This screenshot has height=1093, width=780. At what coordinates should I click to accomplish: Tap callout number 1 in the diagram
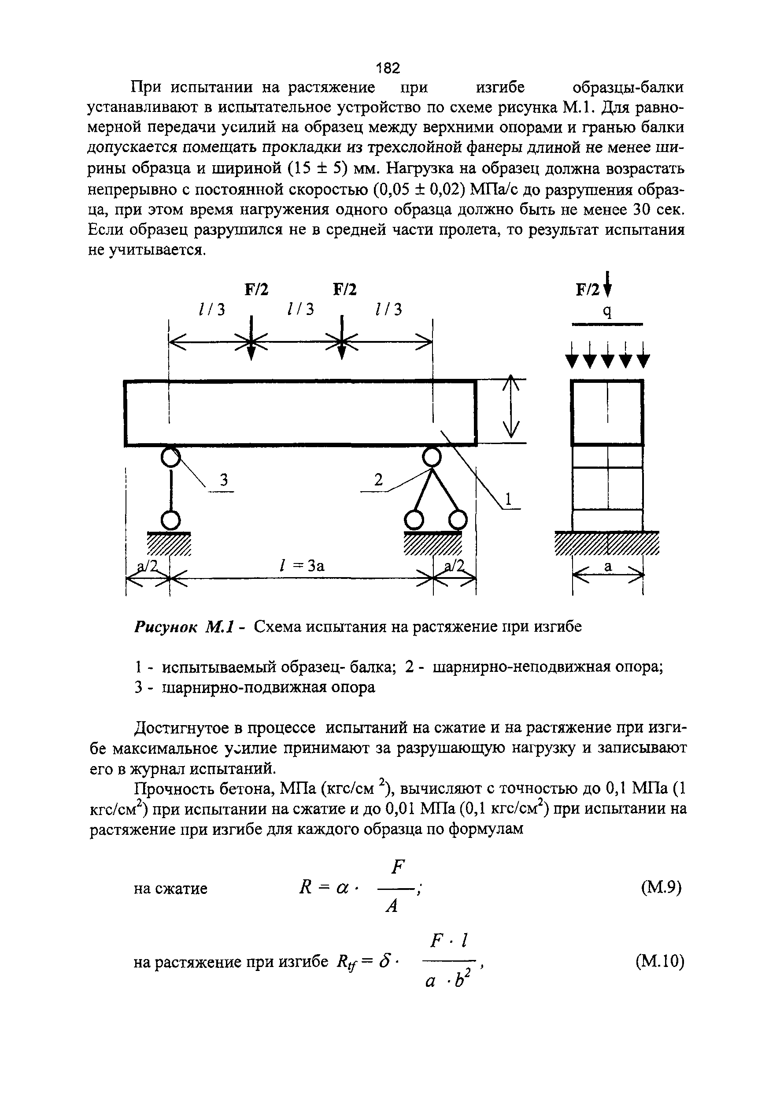click(510, 499)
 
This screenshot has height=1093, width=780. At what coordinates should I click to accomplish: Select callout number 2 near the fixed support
click(378, 480)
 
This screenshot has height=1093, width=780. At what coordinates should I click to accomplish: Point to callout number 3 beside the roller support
click(223, 480)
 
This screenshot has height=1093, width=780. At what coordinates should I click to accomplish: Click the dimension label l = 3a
click(302, 566)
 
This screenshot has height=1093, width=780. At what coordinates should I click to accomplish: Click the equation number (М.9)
click(661, 888)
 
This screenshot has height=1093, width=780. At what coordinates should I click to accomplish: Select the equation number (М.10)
click(659, 961)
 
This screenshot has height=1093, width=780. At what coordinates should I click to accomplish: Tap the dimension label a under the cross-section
click(608, 567)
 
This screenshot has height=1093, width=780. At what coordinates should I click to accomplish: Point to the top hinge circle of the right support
click(431, 457)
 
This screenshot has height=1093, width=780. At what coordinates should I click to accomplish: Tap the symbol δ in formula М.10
click(383, 961)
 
